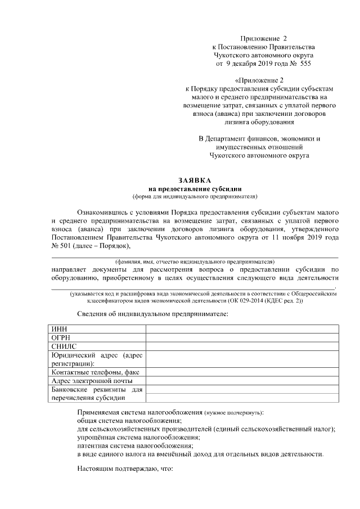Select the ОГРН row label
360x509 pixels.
click(61, 338)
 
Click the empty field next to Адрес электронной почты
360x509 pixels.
click(242, 381)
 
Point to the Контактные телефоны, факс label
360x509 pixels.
click(95, 372)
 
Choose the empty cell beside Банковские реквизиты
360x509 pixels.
click(242, 394)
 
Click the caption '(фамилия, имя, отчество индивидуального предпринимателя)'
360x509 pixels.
click(195, 262)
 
